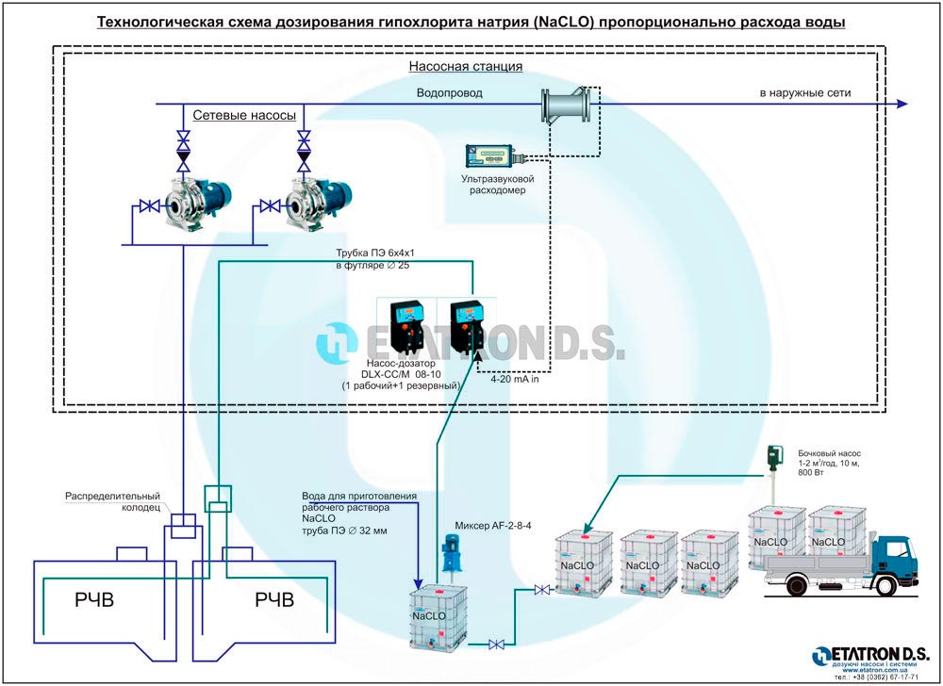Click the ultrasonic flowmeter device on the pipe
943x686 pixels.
(x=567, y=104)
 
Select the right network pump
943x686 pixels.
(x=306, y=200)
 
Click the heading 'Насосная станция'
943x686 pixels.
(x=465, y=67)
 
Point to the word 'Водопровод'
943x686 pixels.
(x=450, y=93)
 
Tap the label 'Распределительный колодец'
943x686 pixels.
(x=112, y=501)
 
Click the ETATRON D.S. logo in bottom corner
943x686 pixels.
(x=869, y=656)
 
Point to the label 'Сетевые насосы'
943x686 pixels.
(x=244, y=115)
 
